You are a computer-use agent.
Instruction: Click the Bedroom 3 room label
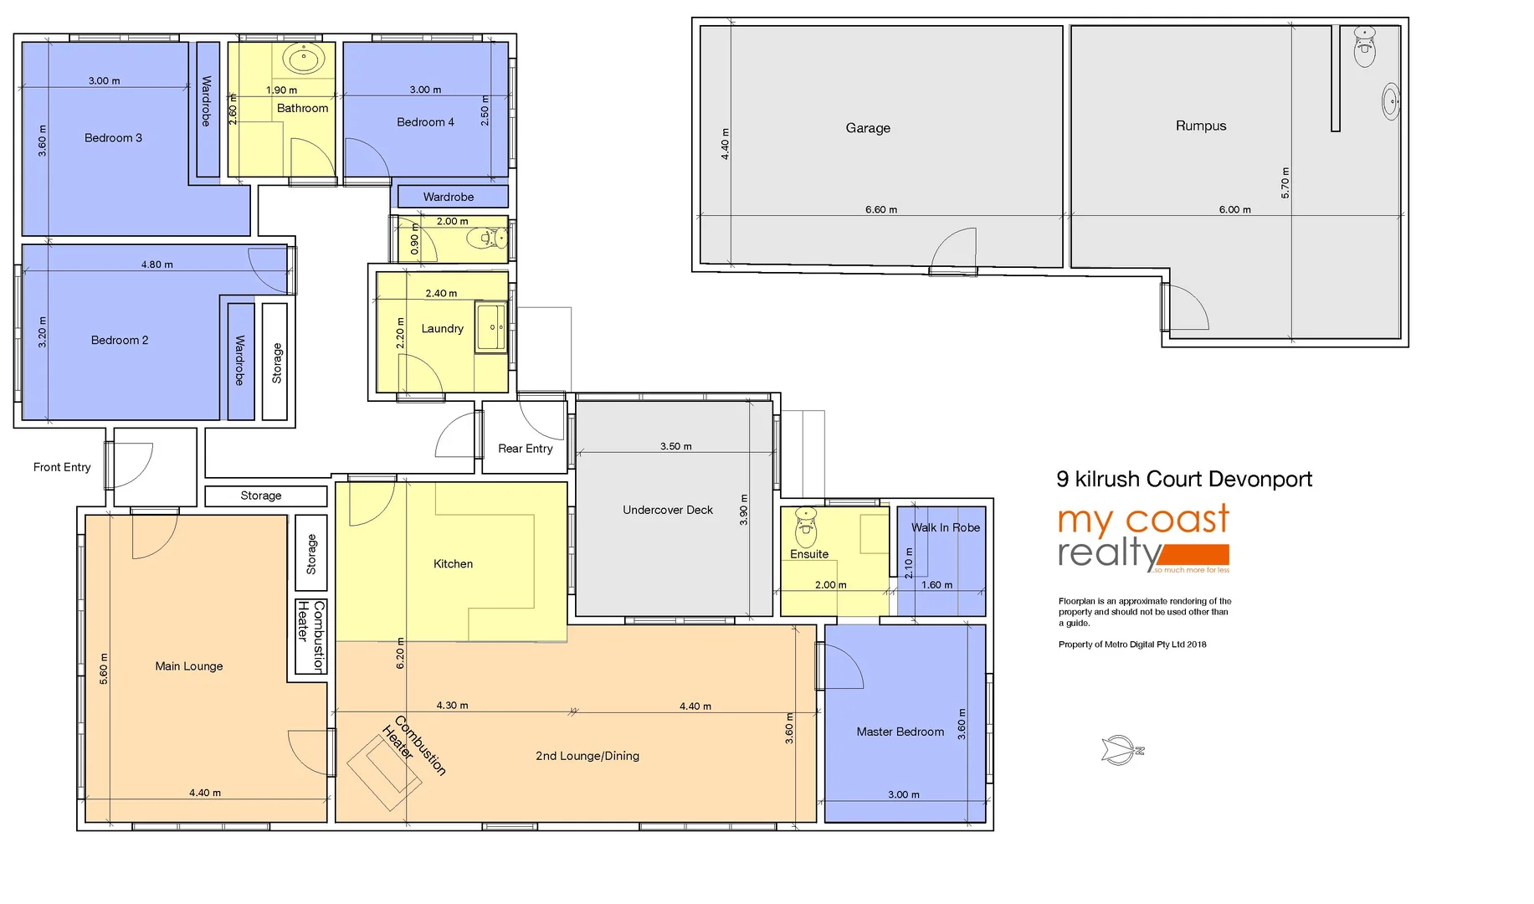click(113, 138)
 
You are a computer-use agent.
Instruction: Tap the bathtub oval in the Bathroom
click(303, 60)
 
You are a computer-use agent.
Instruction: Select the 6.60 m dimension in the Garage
click(880, 209)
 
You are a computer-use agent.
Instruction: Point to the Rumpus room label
click(1200, 126)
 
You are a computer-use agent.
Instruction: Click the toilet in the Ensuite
click(805, 526)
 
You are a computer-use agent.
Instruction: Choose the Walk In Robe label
click(945, 527)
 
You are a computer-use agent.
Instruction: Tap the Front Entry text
click(62, 467)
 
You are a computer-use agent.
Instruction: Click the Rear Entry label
click(525, 449)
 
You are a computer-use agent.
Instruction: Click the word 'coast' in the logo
click(1177, 520)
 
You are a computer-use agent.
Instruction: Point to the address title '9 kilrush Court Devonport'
click(1183, 479)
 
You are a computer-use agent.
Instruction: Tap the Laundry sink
click(491, 327)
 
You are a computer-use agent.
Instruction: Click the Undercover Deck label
click(667, 510)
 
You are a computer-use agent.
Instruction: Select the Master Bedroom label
click(900, 732)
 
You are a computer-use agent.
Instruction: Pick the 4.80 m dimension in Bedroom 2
click(156, 265)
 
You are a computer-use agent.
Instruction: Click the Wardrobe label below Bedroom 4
click(448, 197)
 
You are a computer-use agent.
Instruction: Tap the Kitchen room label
click(453, 564)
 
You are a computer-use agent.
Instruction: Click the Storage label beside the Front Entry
click(260, 496)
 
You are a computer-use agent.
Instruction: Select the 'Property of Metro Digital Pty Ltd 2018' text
click(1131, 645)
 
